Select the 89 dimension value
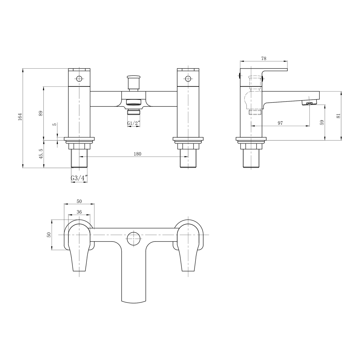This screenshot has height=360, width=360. coord(41,113)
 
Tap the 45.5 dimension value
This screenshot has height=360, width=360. coord(41,154)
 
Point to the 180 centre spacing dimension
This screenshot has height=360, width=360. coord(137,154)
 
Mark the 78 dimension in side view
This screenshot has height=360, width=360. coord(264,58)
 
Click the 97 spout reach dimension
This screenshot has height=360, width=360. coord(280,123)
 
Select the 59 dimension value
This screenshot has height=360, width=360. coord(322,122)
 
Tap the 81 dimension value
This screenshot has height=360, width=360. coord(338,116)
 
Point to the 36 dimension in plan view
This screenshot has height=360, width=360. coord(79,212)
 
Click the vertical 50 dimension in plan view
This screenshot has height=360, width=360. coord(49,235)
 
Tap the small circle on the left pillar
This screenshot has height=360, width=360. coord(79,79)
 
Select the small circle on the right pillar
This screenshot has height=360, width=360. coord(188,79)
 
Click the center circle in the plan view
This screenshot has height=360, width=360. coord(133,239)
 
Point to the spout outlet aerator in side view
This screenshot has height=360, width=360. coord(308,104)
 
